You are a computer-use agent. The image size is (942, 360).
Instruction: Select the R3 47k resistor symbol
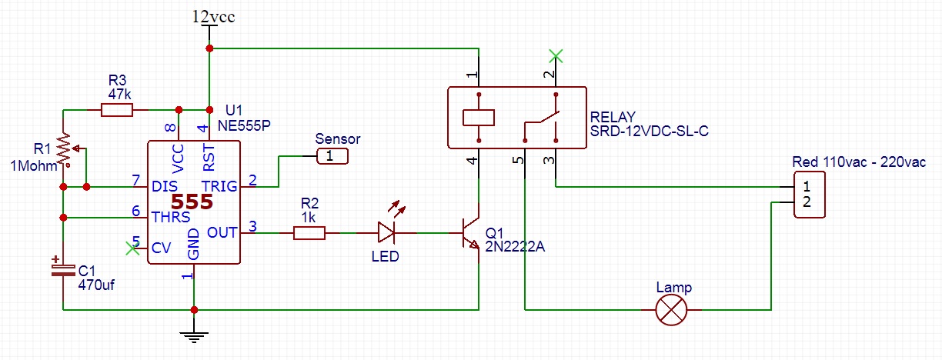117,111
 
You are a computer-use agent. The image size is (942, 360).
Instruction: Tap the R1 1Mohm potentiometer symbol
65,151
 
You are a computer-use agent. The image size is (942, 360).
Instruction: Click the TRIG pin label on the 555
220,186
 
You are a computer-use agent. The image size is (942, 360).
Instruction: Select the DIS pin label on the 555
165,186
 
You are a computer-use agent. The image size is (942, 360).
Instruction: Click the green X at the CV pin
132,248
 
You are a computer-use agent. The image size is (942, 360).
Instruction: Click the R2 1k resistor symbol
309,232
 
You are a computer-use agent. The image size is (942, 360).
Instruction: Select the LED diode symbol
386,232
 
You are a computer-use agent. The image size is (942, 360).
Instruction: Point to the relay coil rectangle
479,117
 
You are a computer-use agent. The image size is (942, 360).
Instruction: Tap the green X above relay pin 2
556,55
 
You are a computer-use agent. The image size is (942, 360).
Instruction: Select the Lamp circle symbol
670,310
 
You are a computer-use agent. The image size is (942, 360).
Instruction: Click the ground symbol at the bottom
194,334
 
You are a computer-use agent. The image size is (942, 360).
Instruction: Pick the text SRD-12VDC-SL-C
648,132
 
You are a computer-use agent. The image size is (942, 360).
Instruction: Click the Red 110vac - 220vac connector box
808,195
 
